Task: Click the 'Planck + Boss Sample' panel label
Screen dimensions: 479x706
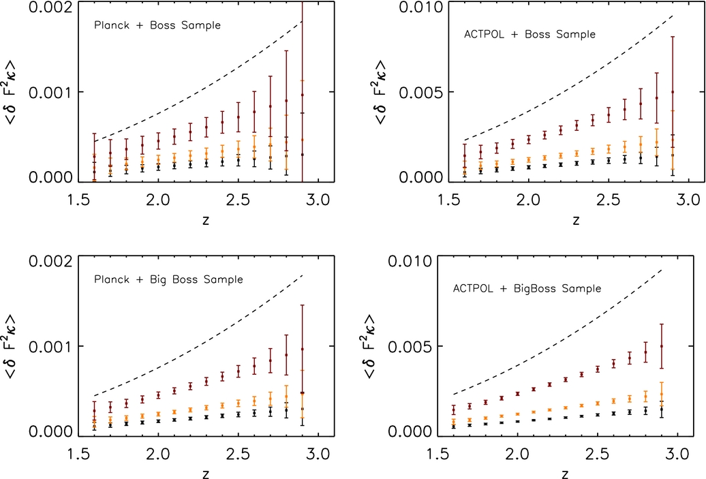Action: (x=157, y=25)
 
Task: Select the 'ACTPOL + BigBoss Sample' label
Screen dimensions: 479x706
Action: (x=527, y=288)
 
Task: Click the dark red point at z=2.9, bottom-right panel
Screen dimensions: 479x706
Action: (x=661, y=346)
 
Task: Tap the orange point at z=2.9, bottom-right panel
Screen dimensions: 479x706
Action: (x=661, y=394)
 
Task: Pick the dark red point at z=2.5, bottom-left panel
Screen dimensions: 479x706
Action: (x=239, y=371)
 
